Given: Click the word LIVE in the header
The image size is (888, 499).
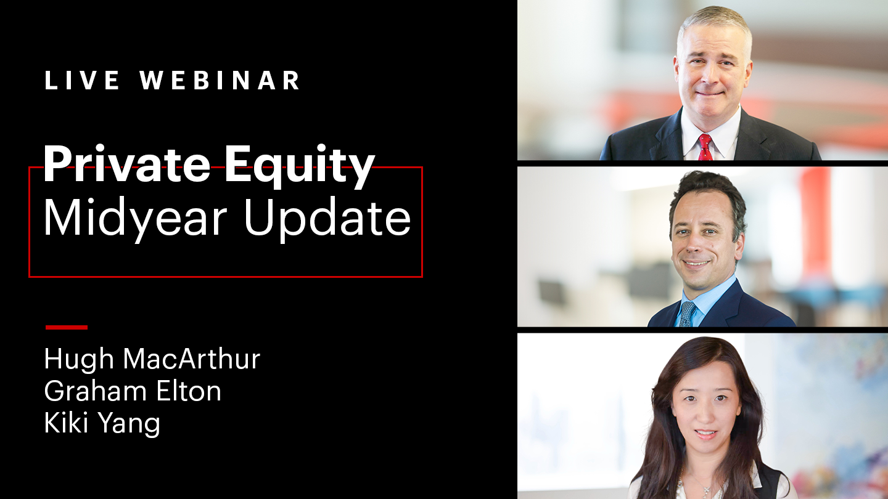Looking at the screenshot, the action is pyautogui.click(x=82, y=80).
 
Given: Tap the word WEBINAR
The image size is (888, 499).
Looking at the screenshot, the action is pyautogui.click(x=220, y=80).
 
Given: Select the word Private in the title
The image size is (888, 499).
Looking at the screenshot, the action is pyautogui.click(x=126, y=163).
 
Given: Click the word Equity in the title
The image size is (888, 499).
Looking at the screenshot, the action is pyautogui.click(x=300, y=166).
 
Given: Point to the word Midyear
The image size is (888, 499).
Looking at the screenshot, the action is pyautogui.click(x=135, y=219).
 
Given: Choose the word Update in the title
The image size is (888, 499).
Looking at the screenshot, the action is pyautogui.click(x=327, y=219).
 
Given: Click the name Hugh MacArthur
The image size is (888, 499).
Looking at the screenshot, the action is pyautogui.click(x=152, y=359).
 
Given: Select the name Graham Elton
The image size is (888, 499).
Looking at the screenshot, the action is pyautogui.click(x=133, y=391).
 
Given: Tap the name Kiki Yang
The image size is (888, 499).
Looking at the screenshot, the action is pyautogui.click(x=102, y=424).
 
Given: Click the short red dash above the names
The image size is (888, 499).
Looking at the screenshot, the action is pyautogui.click(x=67, y=327).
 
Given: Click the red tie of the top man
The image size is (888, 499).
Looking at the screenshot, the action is pyautogui.click(x=705, y=147).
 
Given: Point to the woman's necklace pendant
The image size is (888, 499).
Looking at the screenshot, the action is pyautogui.click(x=706, y=491).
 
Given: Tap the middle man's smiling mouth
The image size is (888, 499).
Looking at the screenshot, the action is pyautogui.click(x=696, y=263).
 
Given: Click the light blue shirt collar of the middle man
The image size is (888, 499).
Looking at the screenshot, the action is pyautogui.click(x=705, y=296).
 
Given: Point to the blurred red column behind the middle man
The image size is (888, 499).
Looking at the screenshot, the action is pyautogui.click(x=816, y=222).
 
